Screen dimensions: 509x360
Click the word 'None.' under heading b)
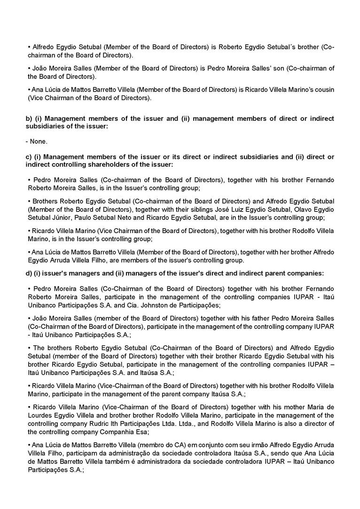pos(39,141)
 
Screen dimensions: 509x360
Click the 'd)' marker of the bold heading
pos(29,273)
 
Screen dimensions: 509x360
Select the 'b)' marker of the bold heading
pos(29,118)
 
